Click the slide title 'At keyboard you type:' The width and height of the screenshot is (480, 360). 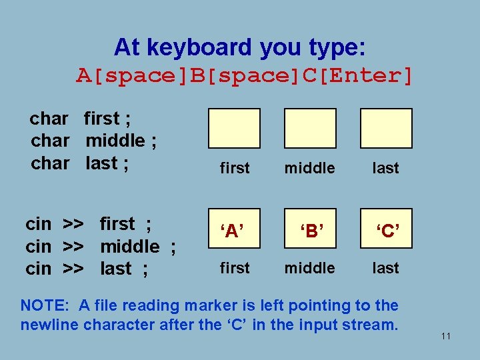[x=239, y=47]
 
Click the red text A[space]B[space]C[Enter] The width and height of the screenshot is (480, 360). [x=245, y=76]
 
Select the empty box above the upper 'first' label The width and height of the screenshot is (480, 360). [x=234, y=128]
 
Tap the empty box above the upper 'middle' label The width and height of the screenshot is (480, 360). [x=310, y=128]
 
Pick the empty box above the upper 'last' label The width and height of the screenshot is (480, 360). [x=386, y=128]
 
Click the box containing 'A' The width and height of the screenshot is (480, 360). [x=234, y=229]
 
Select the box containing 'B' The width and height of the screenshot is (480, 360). [x=310, y=229]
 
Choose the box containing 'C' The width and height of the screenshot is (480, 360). [x=386, y=229]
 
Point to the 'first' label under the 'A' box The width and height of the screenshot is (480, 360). [x=235, y=268]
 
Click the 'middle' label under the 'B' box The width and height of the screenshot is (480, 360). [x=310, y=268]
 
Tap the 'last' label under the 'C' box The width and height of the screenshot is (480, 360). [x=386, y=268]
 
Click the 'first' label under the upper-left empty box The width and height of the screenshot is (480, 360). [x=235, y=168]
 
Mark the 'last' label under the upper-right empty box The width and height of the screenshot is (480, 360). [x=386, y=168]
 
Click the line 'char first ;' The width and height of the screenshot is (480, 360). [x=80, y=119]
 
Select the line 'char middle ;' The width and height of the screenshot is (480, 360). [x=93, y=141]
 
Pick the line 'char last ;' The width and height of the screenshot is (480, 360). [x=79, y=163]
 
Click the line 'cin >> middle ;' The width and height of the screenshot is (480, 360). [x=100, y=247]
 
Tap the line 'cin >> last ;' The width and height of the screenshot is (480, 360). [x=87, y=269]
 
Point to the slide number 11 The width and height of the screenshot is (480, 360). [x=446, y=336]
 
